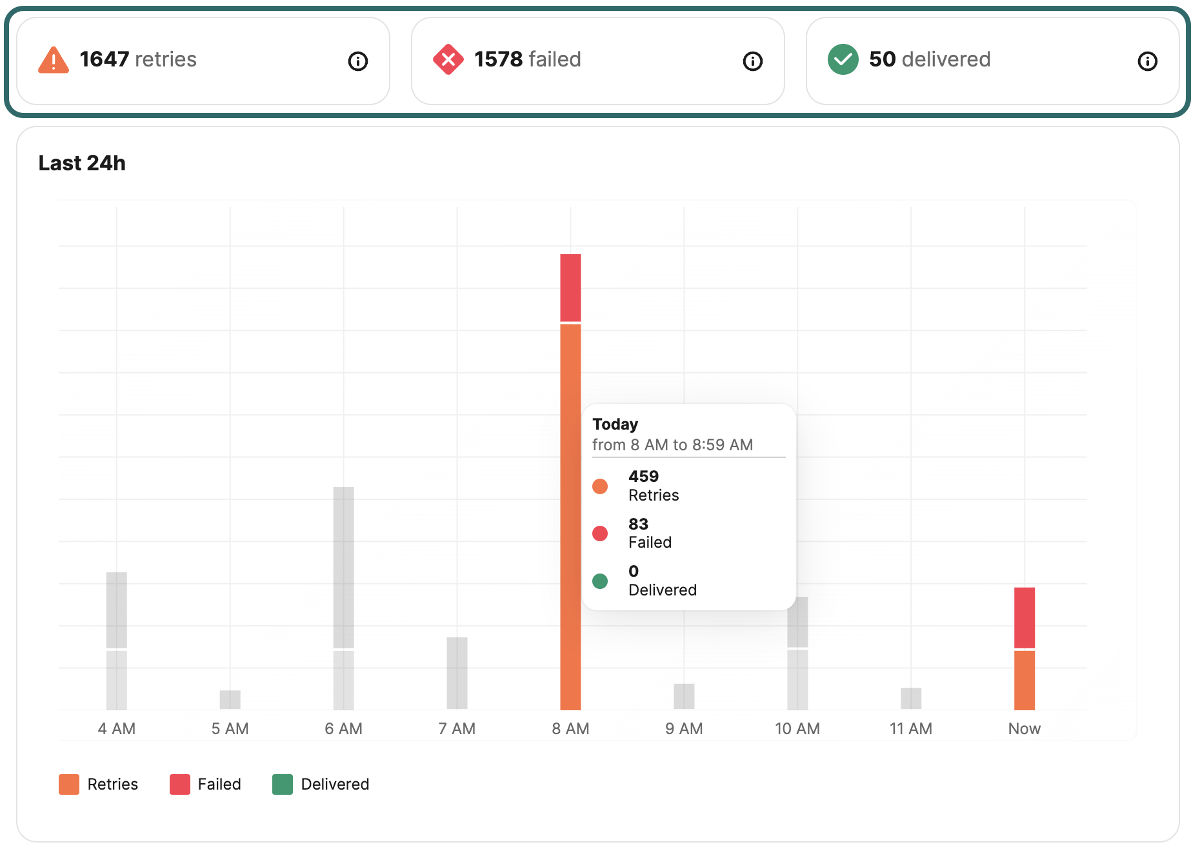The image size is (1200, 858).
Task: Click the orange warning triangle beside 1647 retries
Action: point(54,61)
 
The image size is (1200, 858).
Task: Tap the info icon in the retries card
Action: point(358,61)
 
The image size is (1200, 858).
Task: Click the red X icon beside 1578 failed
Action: point(448,60)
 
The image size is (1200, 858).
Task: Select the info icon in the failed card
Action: point(753,61)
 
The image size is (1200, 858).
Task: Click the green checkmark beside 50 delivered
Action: point(843,60)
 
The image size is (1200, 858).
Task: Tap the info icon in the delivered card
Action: point(1148,61)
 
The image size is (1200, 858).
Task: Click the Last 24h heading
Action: point(82,163)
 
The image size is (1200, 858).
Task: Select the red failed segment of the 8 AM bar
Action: point(570,288)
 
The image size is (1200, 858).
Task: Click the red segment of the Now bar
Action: point(1025,617)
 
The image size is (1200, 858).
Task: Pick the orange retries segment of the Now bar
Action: point(1025,680)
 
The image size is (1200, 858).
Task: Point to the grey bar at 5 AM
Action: point(230,699)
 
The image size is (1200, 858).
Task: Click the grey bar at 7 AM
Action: point(457,673)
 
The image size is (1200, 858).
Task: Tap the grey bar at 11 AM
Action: point(911,698)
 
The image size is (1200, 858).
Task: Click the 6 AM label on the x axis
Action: point(344,729)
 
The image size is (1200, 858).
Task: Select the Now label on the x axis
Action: point(1025,729)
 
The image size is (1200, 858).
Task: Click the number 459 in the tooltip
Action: point(643,477)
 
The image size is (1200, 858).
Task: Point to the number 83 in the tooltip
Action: point(638,524)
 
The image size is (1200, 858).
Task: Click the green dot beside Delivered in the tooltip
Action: point(600,581)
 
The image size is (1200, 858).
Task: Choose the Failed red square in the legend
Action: point(180,784)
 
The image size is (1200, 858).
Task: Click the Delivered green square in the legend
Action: point(283,784)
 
